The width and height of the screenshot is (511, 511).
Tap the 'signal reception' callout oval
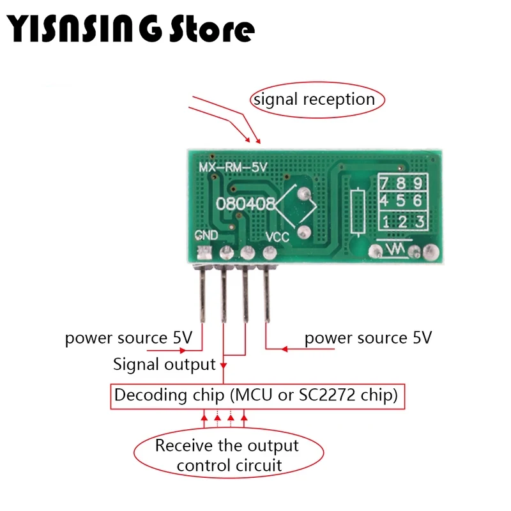(314, 100)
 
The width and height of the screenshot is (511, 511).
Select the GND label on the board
(206, 236)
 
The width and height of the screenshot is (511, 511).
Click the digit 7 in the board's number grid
(386, 185)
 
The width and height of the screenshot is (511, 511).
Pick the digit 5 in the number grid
(402, 201)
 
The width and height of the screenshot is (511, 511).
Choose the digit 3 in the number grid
(419, 222)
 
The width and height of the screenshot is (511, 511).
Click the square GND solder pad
(204, 252)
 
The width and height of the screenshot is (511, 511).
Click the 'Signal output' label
(164, 365)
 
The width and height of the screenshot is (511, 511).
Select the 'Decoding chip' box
(257, 396)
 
